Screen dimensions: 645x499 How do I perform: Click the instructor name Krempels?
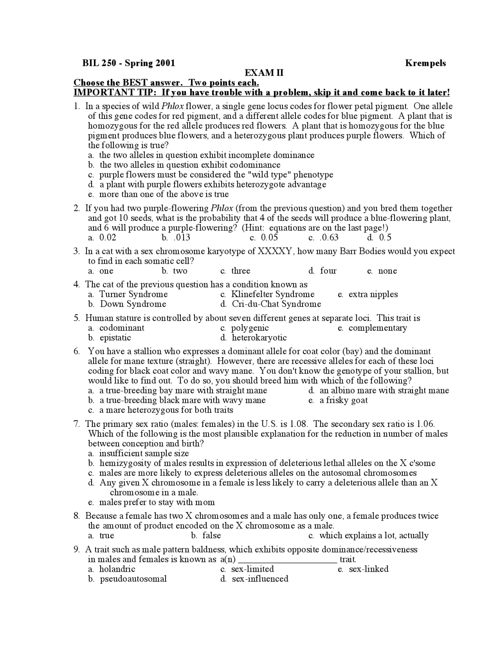tap(425, 63)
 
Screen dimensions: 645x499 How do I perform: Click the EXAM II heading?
tap(264, 73)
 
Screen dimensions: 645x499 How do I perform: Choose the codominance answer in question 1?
tap(190, 165)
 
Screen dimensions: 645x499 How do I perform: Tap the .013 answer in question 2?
tap(182, 238)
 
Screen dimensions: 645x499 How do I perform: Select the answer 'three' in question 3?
tap(241, 271)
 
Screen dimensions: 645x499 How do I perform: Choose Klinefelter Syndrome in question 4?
tap(273, 294)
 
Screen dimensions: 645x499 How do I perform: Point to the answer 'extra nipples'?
tap(373, 294)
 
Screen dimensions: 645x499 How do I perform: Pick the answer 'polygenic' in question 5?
tap(250, 328)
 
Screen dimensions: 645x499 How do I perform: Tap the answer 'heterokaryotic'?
tap(259, 338)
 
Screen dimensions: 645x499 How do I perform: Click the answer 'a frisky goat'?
tap(343, 400)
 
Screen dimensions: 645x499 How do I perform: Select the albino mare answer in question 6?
tap(384, 391)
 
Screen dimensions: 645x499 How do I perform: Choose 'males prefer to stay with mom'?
tap(157, 502)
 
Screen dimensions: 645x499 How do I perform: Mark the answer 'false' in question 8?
tap(212, 536)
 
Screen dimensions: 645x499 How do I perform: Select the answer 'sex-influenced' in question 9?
tap(260, 579)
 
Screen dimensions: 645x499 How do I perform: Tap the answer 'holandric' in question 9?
tap(117, 569)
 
